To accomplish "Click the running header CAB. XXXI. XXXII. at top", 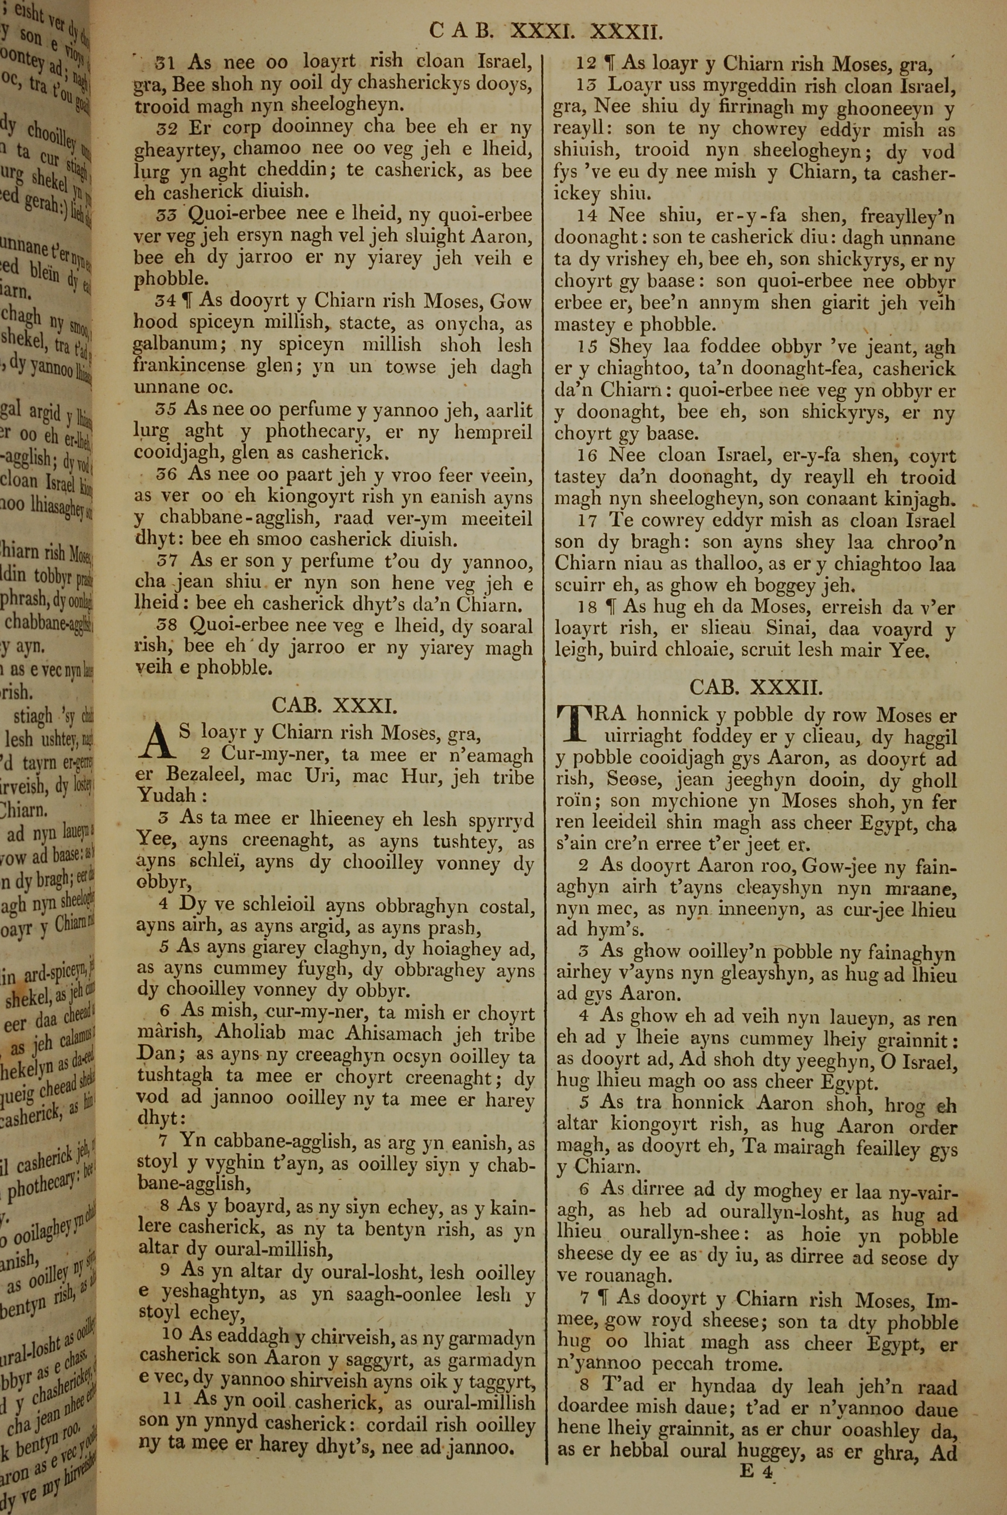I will [x=545, y=31].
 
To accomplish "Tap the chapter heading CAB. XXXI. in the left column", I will [x=335, y=705].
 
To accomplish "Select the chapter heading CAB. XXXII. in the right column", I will [x=755, y=687].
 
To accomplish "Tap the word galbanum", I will [x=175, y=344].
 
